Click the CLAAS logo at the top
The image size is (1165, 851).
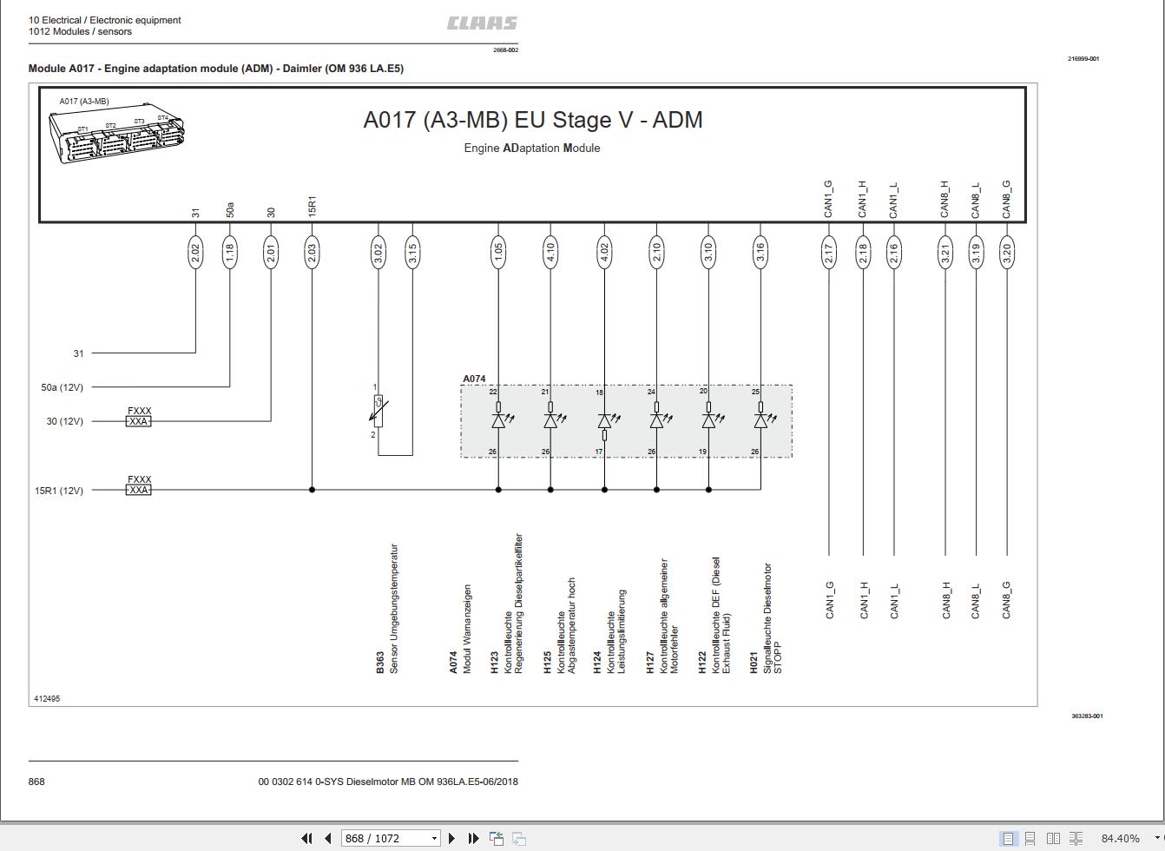[482, 23]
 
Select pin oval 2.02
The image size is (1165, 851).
[195, 253]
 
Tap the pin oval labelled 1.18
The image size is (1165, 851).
[230, 253]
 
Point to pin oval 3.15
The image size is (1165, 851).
[412, 253]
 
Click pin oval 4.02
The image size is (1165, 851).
[604, 253]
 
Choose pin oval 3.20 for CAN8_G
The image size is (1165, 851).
[1007, 253]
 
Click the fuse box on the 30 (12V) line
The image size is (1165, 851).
[138, 421]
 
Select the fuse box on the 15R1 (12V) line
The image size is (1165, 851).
[138, 490]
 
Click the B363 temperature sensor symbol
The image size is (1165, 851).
[378, 411]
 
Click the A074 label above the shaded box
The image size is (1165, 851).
[474, 379]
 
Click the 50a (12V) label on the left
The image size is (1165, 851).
[62, 387]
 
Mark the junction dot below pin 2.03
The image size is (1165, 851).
[312, 490]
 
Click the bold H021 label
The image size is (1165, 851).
[754, 663]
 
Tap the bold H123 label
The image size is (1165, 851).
[494, 663]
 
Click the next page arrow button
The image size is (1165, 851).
[451, 838]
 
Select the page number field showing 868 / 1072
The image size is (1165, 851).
[391, 838]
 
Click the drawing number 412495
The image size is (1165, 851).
[47, 698]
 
